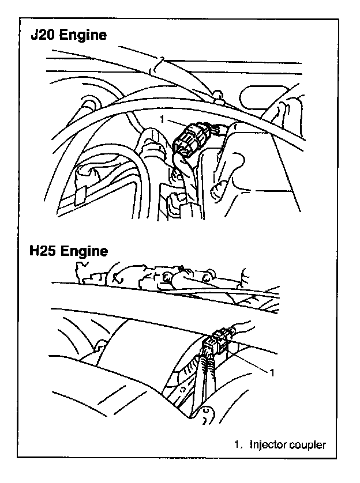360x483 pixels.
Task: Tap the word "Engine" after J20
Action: click(84, 35)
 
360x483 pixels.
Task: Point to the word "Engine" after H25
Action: click(84, 251)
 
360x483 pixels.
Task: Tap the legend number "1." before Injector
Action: click(238, 444)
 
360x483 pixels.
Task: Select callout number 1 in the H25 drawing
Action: click(272, 372)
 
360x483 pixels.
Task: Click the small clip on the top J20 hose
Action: click(159, 65)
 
